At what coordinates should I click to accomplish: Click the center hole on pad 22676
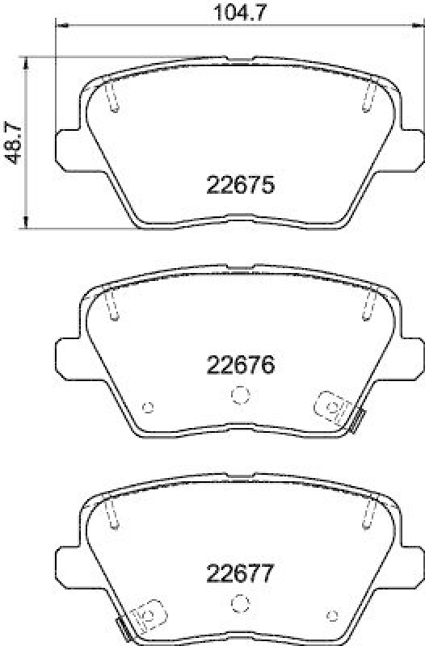pyautogui.click(x=238, y=394)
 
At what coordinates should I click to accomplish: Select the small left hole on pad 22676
pyautogui.click(x=147, y=406)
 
